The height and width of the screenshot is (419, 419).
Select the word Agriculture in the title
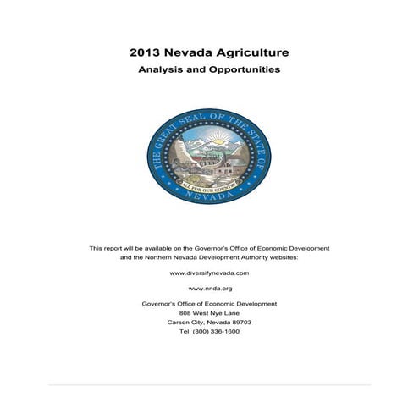click(251, 52)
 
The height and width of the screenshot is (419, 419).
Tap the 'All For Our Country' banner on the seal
click(209, 179)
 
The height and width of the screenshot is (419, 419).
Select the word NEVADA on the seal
click(209, 194)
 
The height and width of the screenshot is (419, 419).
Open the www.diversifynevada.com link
click(209, 274)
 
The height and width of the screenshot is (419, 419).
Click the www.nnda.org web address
click(209, 289)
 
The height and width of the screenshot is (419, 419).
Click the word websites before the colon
click(272, 257)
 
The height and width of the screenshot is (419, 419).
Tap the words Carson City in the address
click(182, 323)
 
